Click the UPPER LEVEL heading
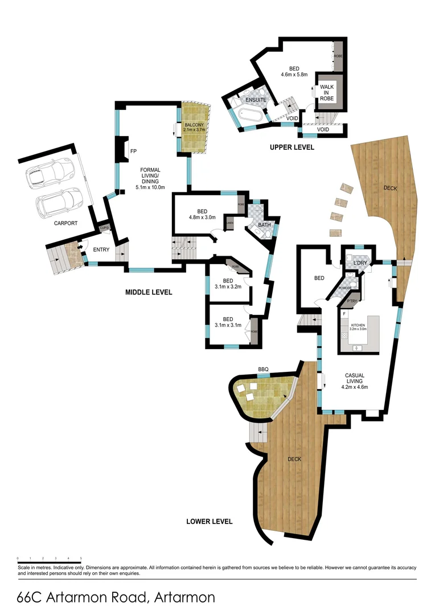292,147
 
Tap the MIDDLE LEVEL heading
148,292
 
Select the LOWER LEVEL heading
210,521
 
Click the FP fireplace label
133,151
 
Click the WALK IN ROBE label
327,92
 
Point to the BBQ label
262,370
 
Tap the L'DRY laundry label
359,263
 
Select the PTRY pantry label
351,301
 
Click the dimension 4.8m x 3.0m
203,216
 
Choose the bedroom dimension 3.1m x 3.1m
228,325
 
